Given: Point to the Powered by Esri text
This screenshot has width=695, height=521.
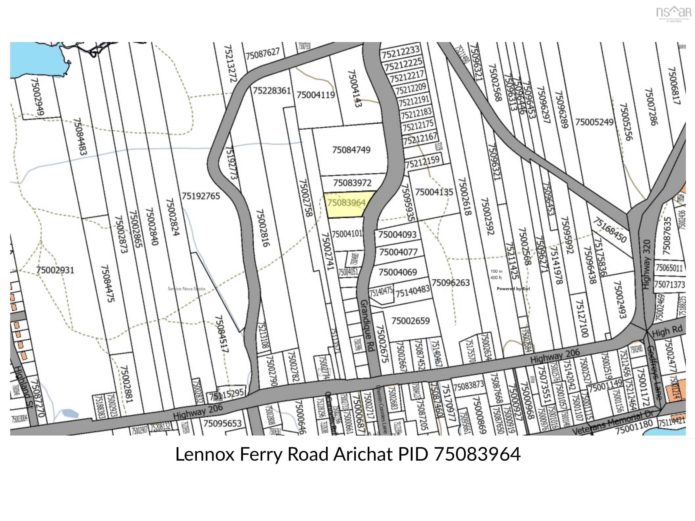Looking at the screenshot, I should pos(513,289).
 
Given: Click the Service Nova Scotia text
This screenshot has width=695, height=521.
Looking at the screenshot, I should pos(186,289).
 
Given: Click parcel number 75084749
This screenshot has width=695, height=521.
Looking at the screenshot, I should pos(351,150).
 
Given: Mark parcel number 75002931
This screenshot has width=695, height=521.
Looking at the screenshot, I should pos(55,270).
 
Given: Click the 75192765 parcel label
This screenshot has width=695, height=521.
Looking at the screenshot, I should pos(201,196).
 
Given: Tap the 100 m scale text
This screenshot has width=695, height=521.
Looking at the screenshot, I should pos(496,271).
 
